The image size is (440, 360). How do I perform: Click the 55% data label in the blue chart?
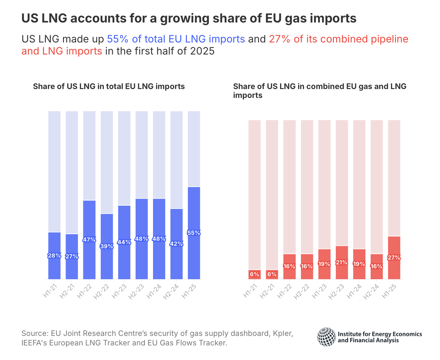[x=194, y=233]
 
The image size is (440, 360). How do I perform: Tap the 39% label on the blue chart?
[x=107, y=246]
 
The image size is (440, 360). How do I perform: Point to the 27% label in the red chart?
[x=394, y=258]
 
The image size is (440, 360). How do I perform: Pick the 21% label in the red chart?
[x=342, y=263]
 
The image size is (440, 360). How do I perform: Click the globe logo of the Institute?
[x=326, y=337]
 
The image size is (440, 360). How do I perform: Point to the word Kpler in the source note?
[x=284, y=333]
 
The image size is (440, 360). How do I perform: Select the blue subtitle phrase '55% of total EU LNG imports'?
[x=176, y=39]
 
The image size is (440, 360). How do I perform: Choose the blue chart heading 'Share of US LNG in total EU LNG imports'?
[x=109, y=87]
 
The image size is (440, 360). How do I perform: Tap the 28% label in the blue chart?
[x=54, y=256]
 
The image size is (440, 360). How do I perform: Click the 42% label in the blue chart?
[x=176, y=244]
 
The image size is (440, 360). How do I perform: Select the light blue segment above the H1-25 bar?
[x=194, y=149]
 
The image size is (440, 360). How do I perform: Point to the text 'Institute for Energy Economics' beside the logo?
[x=380, y=334]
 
